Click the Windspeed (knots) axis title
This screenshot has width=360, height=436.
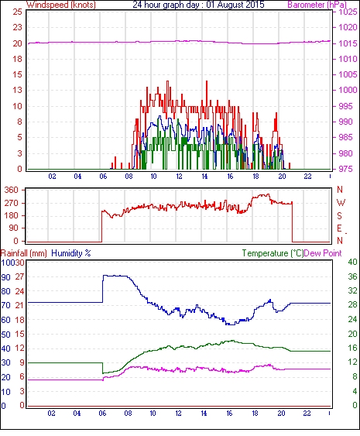[61, 5]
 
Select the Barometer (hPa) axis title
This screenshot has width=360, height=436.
[317, 5]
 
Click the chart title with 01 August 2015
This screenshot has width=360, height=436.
[198, 5]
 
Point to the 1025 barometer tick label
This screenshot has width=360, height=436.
[348, 12]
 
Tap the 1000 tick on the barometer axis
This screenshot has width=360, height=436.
[348, 90]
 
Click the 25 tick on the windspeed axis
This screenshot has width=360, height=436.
[18, 12]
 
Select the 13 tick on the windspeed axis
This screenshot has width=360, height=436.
[18, 90]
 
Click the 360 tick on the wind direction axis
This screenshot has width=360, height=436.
[12, 191]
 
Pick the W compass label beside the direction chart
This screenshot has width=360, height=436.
[341, 203]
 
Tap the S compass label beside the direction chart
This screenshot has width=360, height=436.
[340, 215]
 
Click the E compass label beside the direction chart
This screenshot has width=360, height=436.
[339, 228]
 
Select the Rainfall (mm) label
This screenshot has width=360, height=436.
[24, 253]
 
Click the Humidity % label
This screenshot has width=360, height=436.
[71, 253]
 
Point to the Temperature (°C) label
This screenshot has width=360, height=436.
[273, 253]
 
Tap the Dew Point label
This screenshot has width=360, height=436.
[323, 253]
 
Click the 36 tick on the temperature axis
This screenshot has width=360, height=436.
[352, 276]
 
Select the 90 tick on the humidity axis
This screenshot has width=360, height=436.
[6, 277]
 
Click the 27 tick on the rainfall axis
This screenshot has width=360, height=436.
[19, 276]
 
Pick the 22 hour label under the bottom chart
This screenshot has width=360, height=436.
[307, 414]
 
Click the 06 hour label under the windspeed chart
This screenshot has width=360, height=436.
[103, 177]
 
